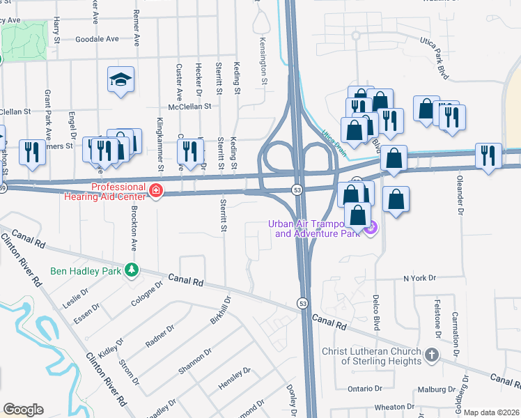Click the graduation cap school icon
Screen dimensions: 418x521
pyautogui.click(x=120, y=80)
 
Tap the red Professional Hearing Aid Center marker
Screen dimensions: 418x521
pyautogui.click(x=157, y=190)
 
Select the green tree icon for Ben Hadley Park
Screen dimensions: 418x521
pyautogui.click(x=130, y=270)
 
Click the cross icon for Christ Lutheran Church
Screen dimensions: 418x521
pyautogui.click(x=431, y=355)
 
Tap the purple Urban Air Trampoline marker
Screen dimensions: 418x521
pyautogui.click(x=371, y=227)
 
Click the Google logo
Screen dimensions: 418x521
pyautogui.click(x=23, y=409)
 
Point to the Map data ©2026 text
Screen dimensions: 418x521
pyautogui.click(x=491, y=412)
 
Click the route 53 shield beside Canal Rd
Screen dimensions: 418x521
pyautogui.click(x=302, y=303)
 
